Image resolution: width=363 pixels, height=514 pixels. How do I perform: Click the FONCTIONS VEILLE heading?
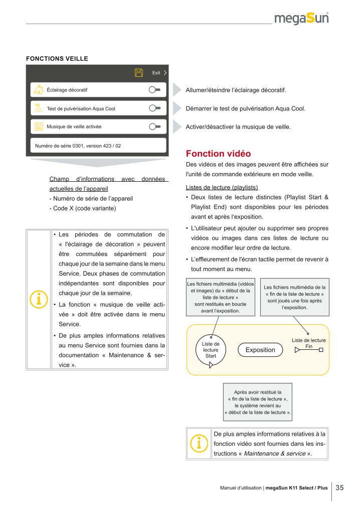(x=57, y=59)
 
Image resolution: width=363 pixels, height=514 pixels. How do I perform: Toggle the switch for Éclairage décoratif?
(x=154, y=90)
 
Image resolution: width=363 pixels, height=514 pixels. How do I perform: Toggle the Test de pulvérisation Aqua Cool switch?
(x=154, y=108)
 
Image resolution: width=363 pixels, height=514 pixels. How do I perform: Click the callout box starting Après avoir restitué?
(x=258, y=402)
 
